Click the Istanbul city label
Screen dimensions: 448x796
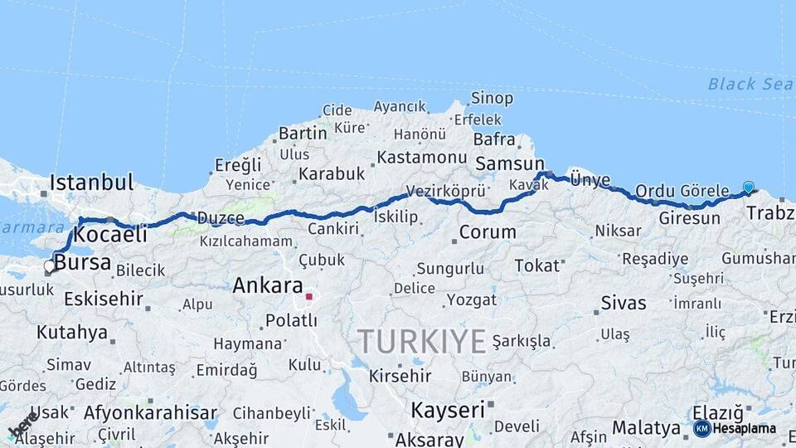91,182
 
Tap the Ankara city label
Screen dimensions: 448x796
267,285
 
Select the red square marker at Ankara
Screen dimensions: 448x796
309,296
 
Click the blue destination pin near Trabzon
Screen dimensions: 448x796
749,188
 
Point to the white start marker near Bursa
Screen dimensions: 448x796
50,266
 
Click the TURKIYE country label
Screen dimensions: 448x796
422,341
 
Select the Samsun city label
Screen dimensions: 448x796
509,163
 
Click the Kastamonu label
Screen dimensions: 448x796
422,157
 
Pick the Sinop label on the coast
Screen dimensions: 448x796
492,98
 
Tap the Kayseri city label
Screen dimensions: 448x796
448,409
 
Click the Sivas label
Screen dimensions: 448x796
624,303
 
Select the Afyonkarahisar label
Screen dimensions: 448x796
150,412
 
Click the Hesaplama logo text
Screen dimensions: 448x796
744,428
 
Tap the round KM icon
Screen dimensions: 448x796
701,428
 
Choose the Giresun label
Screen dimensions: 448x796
689,218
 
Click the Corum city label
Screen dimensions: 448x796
488,232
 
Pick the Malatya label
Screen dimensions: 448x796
646,428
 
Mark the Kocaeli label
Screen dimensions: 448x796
110,235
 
